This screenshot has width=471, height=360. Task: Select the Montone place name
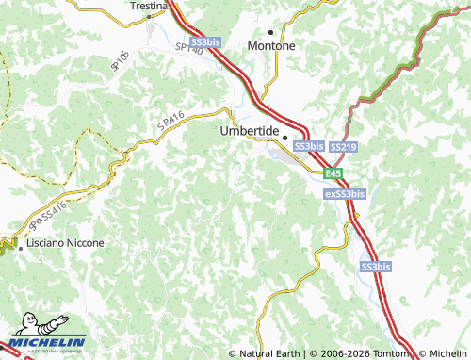coord(270,45)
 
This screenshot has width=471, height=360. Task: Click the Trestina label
coord(149,6)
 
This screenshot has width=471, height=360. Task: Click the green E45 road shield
coord(333,173)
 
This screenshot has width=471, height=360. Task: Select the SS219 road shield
coord(343,147)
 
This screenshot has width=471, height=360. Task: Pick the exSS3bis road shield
coord(344,194)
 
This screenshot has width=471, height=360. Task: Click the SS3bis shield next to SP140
coord(204,43)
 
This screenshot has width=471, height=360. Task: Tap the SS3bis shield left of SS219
coord(309,147)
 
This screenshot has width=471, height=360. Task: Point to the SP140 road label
coord(188,48)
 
